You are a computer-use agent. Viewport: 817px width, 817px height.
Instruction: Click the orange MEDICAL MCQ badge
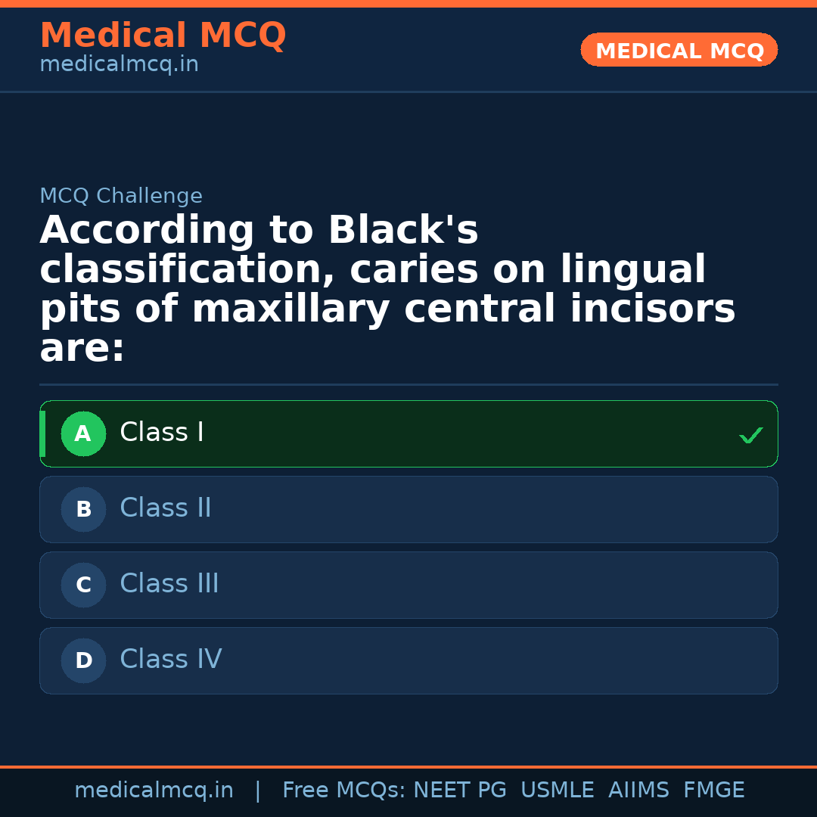coord(679,50)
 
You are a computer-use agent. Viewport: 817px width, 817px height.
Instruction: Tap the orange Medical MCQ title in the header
coord(163,36)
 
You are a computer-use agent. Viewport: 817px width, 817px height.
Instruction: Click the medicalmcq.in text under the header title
coord(119,65)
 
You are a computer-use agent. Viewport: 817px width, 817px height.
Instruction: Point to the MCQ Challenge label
coord(121,197)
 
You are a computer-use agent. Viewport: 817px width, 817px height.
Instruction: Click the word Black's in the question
coord(402,231)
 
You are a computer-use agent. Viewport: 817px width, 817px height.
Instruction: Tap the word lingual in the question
coord(632,270)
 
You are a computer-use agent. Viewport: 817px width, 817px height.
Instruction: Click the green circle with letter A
coord(83,434)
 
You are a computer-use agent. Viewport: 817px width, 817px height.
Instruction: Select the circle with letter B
coord(83,510)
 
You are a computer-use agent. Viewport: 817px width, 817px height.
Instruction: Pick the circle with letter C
coord(83,586)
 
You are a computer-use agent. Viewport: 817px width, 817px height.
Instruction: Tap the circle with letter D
coord(83,661)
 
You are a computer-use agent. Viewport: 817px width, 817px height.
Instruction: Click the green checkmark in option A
coord(750,436)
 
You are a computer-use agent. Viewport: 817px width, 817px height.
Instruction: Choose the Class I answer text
coord(162,433)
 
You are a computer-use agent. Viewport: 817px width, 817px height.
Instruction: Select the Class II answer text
coord(166,508)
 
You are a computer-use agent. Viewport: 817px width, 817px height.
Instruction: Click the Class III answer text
coord(169,584)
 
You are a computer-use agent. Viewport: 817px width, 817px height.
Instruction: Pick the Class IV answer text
coord(171,660)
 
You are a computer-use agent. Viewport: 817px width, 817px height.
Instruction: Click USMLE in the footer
coord(557,791)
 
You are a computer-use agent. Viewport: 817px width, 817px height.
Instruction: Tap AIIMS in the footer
coord(638,791)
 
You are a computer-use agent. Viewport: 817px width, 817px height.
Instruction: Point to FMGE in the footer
coord(714,791)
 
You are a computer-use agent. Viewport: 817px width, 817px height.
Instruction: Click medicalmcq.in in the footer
coord(154,791)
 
